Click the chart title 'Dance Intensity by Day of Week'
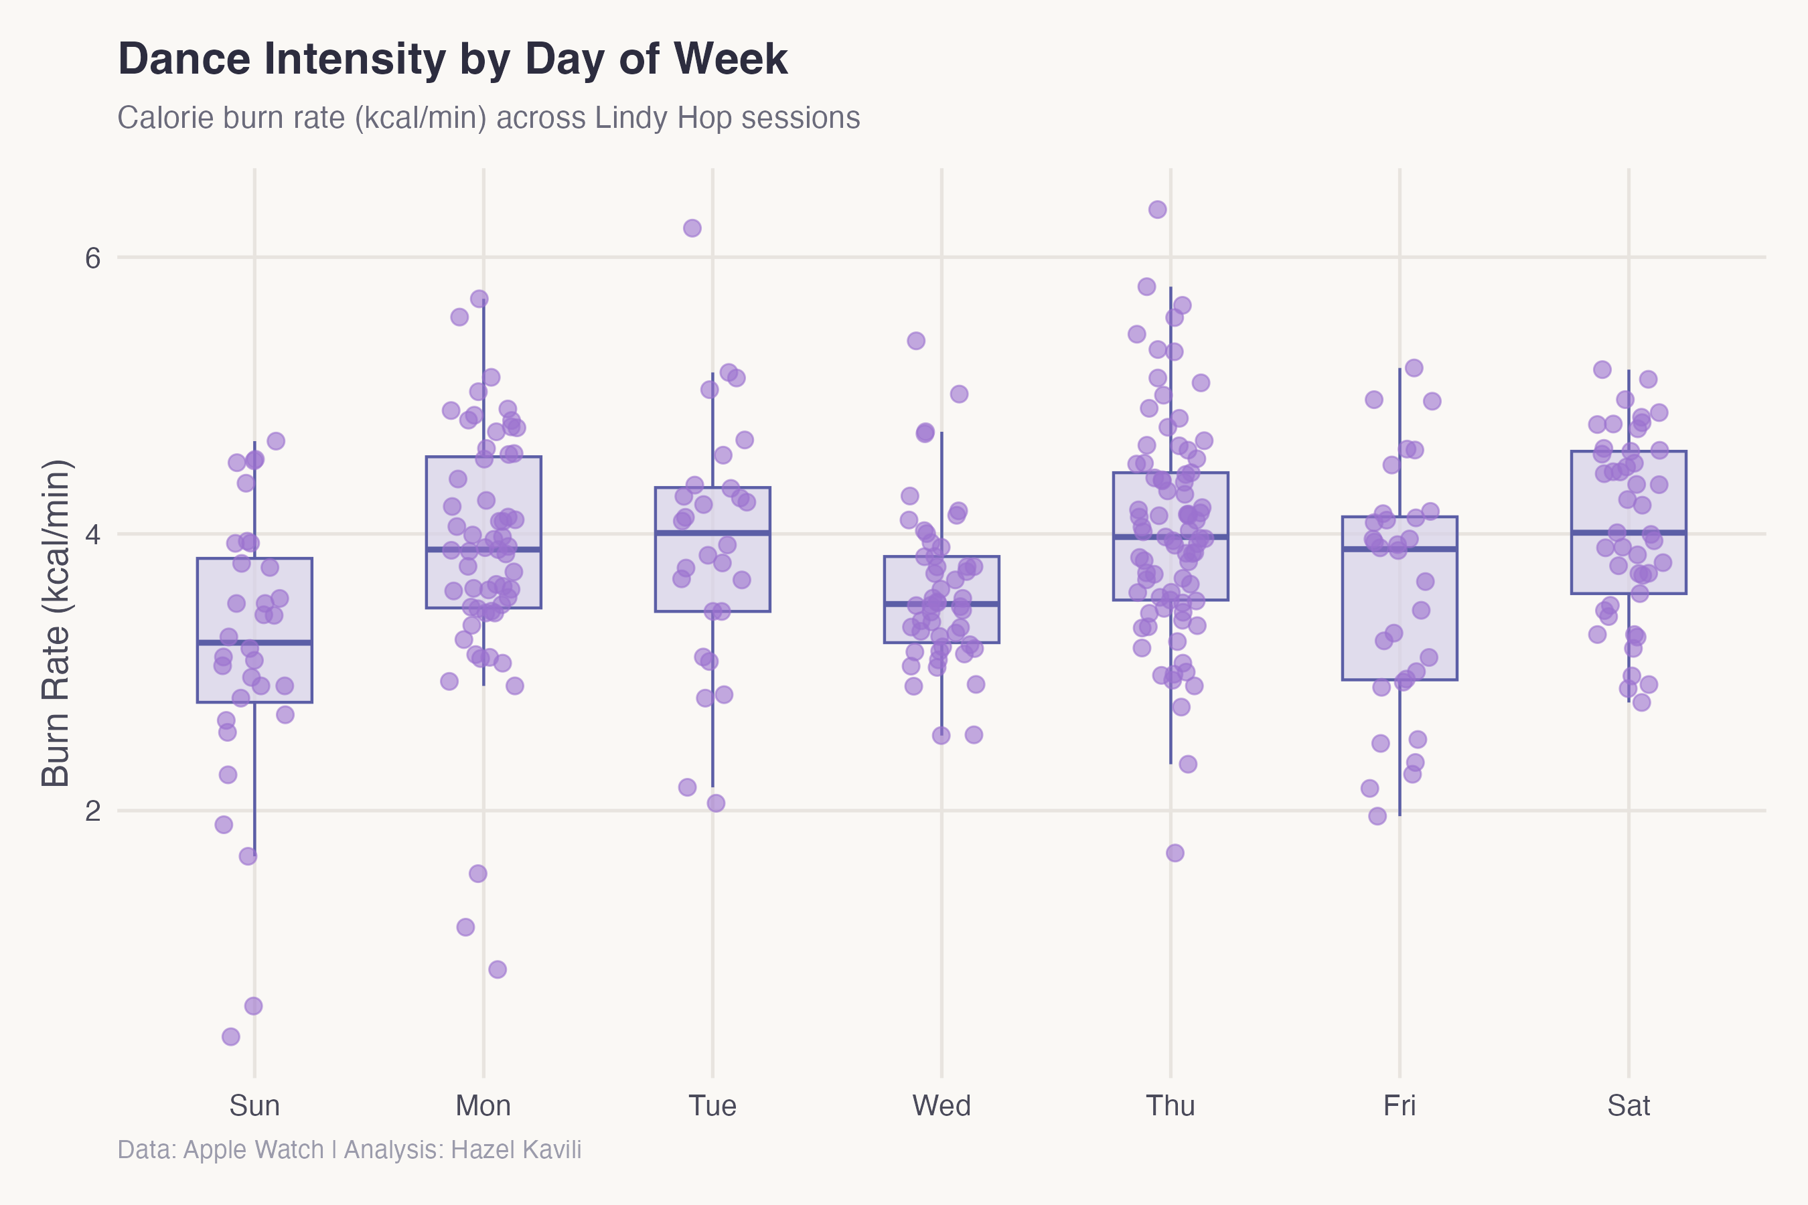click(452, 59)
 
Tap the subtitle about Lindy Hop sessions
click(488, 118)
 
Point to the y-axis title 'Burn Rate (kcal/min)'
click(56, 623)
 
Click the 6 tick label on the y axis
click(93, 258)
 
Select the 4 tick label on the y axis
click(93, 534)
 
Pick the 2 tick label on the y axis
click(93, 811)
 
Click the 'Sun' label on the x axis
click(254, 1106)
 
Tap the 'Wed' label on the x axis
click(941, 1106)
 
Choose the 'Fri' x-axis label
click(1399, 1106)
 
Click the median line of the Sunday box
click(254, 642)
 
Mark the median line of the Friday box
click(1399, 549)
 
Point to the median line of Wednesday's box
click(941, 604)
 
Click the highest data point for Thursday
click(1157, 210)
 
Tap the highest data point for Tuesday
click(692, 228)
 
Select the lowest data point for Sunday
click(230, 1037)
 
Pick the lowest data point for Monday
click(498, 969)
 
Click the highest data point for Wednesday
click(915, 341)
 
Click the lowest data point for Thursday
click(1175, 853)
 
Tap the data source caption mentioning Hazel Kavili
click(349, 1149)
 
